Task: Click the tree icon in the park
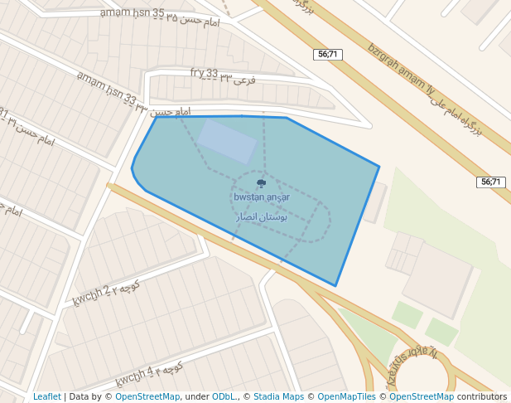(262, 183)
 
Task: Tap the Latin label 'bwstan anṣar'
(262, 197)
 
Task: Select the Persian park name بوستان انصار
(262, 216)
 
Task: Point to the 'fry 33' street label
(204, 73)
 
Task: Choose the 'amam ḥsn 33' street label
(107, 90)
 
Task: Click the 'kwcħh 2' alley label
(90, 294)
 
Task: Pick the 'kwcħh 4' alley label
(134, 376)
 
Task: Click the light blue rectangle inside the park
(226, 141)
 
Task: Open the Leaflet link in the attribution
(47, 397)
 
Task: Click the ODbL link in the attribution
(224, 397)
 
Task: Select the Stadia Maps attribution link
(278, 397)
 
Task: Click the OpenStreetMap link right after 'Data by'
(147, 397)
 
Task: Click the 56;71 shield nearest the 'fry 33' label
(329, 54)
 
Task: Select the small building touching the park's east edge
(375, 201)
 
